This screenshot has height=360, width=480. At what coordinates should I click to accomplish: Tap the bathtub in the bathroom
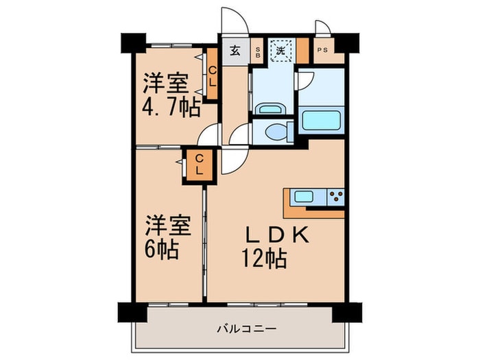point(322,120)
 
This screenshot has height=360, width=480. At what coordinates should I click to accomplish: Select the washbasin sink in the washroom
point(269,108)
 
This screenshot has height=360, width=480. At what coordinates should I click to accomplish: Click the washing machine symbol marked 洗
point(281,50)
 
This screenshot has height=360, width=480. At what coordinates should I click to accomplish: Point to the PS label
point(322,50)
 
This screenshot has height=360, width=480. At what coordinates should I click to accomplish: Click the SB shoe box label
point(258,52)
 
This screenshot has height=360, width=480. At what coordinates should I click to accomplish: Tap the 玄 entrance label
point(235,51)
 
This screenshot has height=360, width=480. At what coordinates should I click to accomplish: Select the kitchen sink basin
point(303,197)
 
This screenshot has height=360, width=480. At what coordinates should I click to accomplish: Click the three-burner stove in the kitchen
point(336,197)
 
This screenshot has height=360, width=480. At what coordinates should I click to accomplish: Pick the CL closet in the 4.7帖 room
point(212,73)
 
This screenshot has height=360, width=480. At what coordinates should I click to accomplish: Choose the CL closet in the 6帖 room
point(200,165)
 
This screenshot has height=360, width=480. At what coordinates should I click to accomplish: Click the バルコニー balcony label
point(247,329)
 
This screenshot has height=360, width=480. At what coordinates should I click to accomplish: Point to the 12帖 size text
point(264,259)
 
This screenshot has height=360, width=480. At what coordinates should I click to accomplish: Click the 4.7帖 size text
point(171,108)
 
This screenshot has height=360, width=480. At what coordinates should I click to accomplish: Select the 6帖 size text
point(162,250)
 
